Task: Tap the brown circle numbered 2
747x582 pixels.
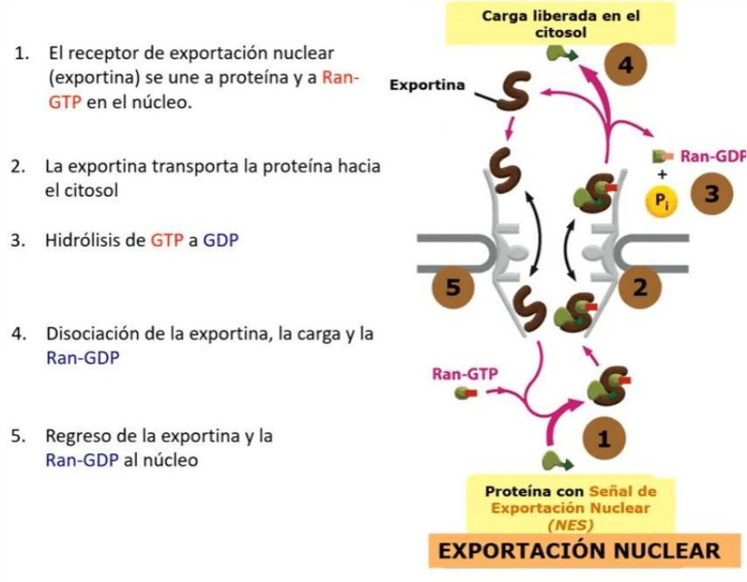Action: click(641, 287)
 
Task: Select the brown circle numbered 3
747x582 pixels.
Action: click(716, 194)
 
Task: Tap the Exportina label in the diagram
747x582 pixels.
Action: click(426, 84)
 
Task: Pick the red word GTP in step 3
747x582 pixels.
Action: click(164, 241)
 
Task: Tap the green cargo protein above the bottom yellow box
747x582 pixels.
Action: click(553, 459)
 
